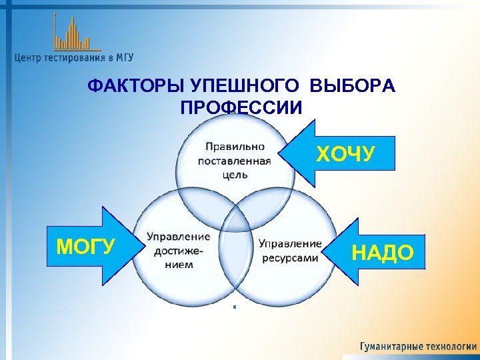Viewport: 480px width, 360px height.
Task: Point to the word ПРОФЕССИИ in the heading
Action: [x=241, y=108]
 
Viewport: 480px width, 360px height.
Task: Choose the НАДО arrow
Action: [x=377, y=252]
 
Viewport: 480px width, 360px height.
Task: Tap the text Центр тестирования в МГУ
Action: [x=73, y=58]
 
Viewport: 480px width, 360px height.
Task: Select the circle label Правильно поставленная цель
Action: [x=234, y=160]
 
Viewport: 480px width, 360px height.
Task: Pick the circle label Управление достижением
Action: [x=179, y=250]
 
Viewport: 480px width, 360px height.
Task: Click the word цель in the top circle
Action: [x=235, y=175]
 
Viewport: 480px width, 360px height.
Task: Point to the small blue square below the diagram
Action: [x=235, y=307]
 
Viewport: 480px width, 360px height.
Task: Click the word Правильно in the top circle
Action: [x=235, y=146]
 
